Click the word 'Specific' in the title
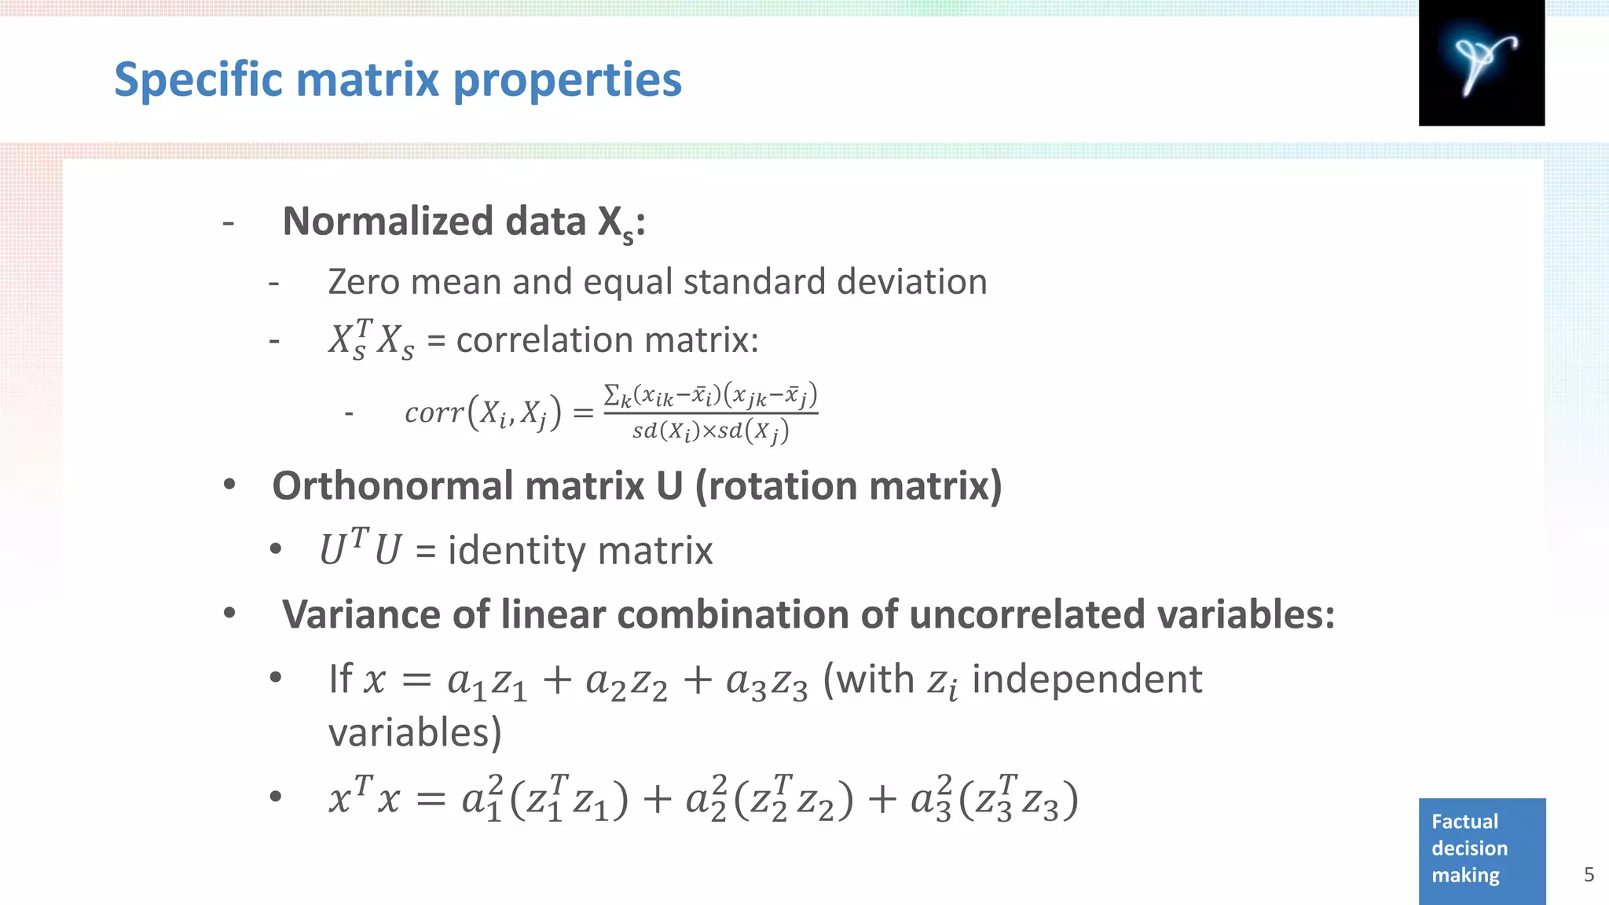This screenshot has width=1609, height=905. click(198, 80)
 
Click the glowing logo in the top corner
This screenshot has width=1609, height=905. click(1482, 63)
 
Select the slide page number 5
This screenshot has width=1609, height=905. click(1589, 874)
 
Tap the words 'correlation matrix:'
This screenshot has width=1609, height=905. click(607, 340)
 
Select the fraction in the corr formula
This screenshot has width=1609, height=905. click(710, 412)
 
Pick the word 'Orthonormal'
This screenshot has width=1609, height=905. click(391, 486)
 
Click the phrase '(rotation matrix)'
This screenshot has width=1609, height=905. click(848, 486)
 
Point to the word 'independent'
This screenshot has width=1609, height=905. click(1087, 679)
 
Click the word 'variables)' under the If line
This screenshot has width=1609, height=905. click(414, 732)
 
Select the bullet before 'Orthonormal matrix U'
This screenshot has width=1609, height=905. click(229, 485)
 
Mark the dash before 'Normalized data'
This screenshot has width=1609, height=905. click(229, 224)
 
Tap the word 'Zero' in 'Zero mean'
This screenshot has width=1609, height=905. click(363, 281)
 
